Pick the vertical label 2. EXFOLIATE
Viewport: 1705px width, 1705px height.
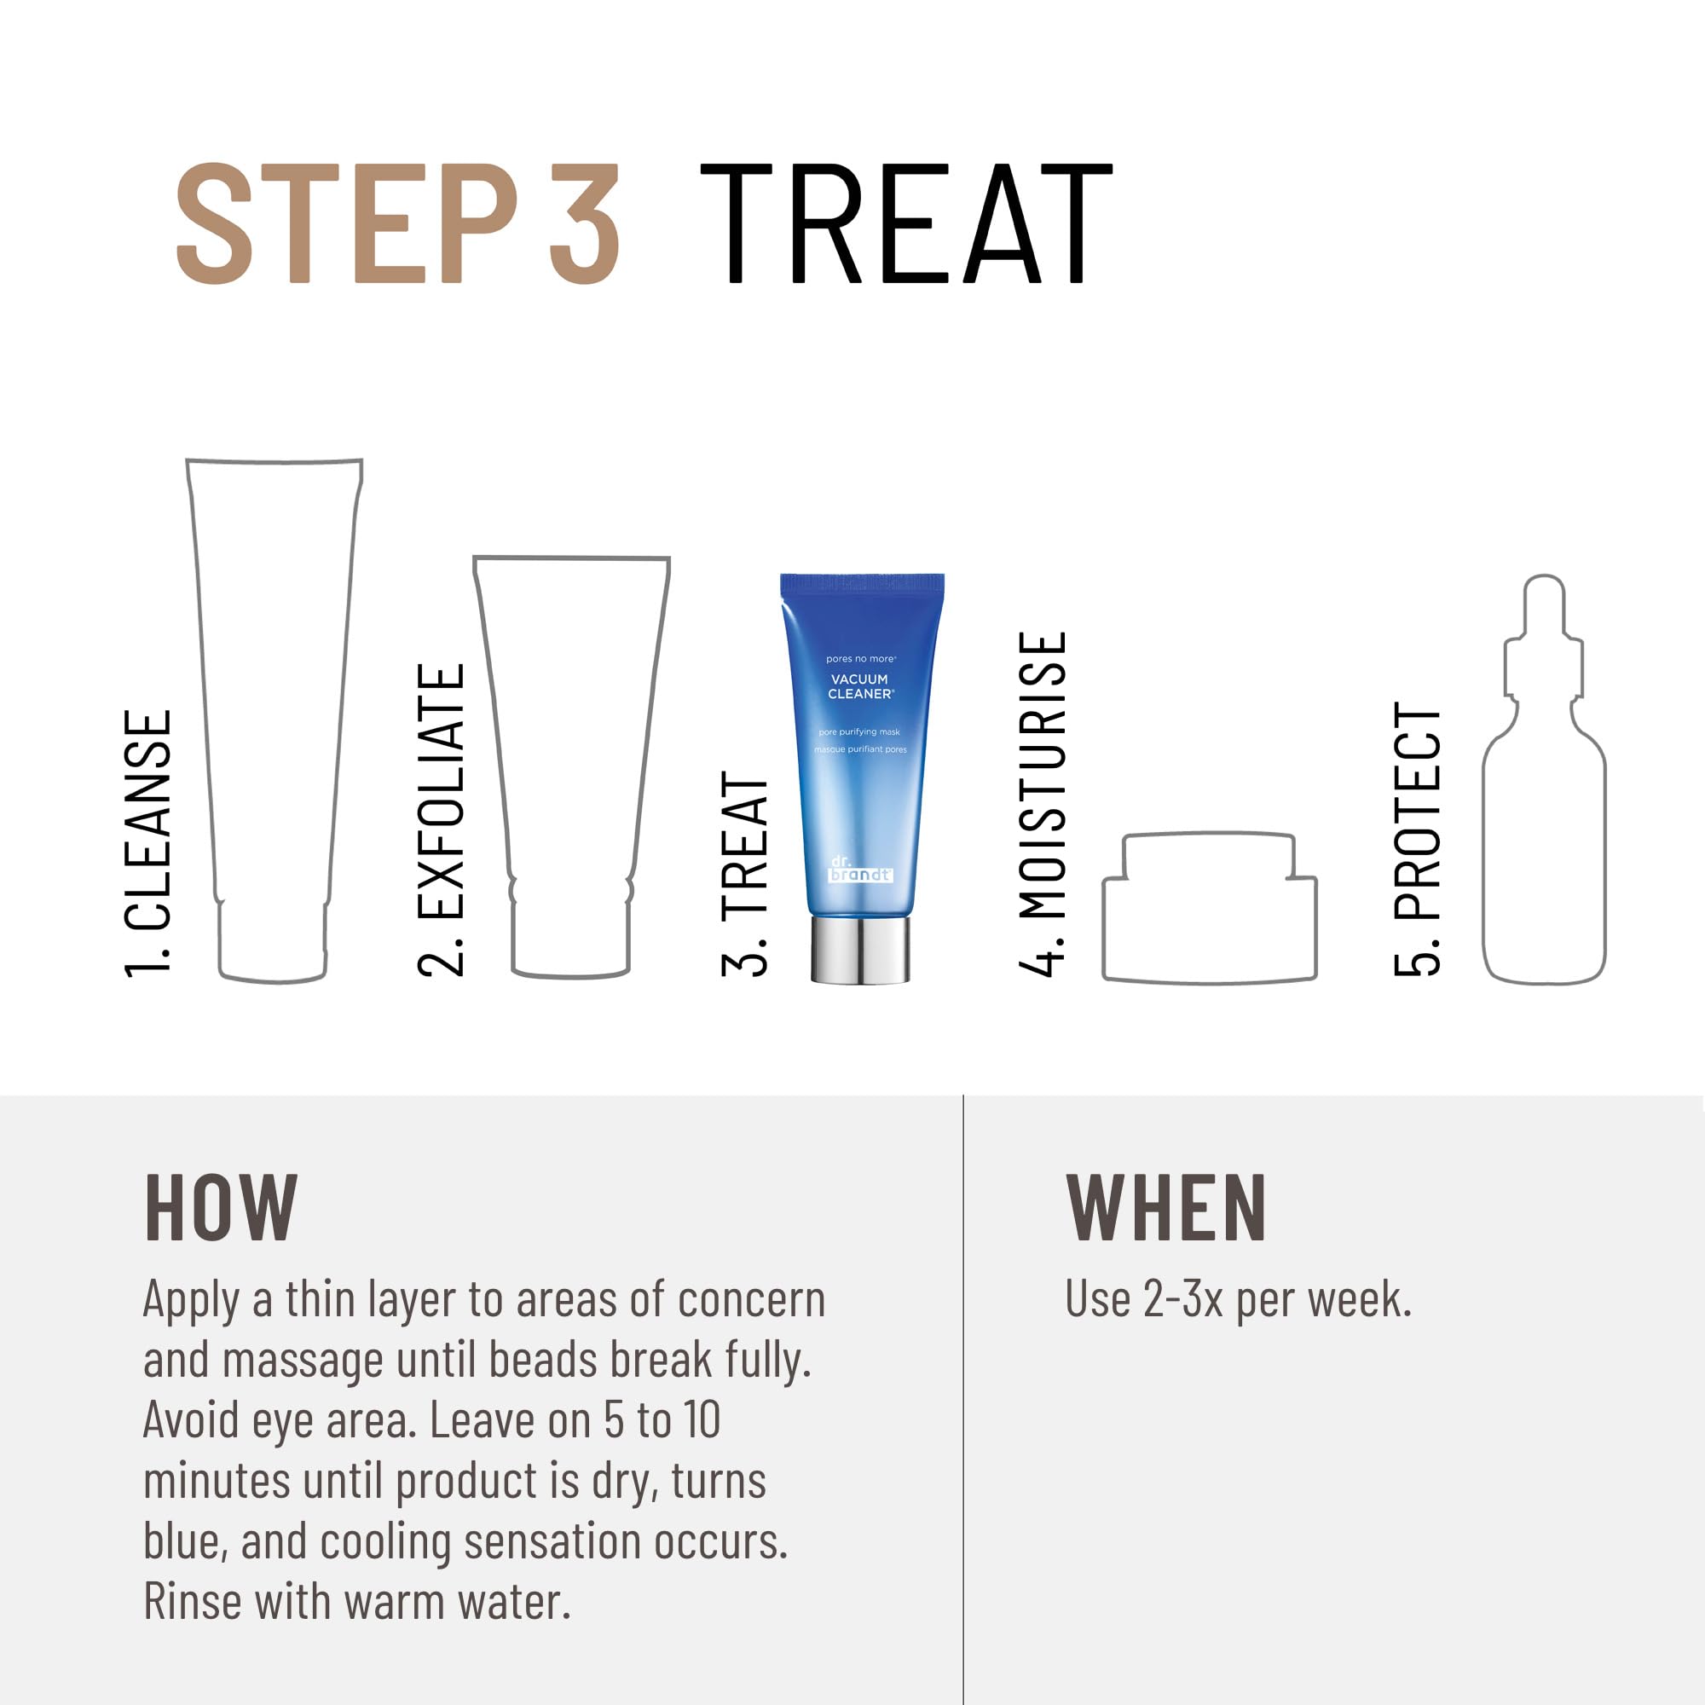(441, 819)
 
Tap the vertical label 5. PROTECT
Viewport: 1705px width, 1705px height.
(1418, 838)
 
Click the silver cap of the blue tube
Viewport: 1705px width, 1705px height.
(860, 951)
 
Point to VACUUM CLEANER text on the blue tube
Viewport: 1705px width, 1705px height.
(860, 686)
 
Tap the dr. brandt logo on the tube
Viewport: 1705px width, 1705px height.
(859, 869)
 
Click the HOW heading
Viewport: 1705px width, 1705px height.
(221, 1208)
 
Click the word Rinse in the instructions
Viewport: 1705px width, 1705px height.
(194, 1602)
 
